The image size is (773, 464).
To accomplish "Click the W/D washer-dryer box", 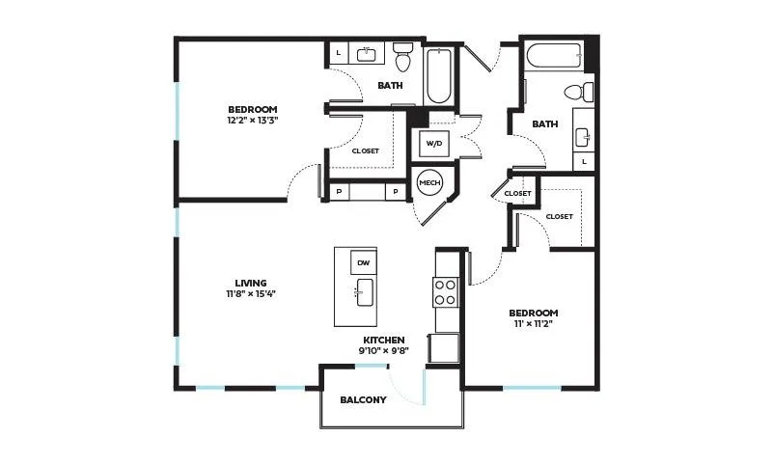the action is click(434, 144).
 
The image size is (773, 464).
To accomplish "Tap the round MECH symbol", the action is click(429, 182).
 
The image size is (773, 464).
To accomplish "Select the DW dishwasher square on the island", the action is click(363, 262).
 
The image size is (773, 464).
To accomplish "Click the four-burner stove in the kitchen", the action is click(446, 291).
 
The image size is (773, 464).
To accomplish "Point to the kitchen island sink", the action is click(365, 292).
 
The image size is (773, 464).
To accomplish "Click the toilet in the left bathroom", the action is click(402, 56).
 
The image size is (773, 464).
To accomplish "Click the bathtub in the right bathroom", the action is click(555, 57).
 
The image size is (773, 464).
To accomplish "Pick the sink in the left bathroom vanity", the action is click(367, 54).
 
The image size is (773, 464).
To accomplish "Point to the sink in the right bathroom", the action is click(583, 137).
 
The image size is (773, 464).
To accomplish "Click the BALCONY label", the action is click(363, 400).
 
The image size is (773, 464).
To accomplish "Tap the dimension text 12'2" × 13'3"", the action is click(253, 120).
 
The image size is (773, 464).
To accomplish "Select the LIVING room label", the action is click(251, 284).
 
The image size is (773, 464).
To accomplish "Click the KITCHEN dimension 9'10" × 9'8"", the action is click(384, 351).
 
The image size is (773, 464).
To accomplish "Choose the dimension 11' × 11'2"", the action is click(534, 323).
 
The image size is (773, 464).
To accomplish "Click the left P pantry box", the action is click(339, 192).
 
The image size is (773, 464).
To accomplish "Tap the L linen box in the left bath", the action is click(338, 53).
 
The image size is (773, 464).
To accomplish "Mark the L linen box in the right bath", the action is click(584, 161).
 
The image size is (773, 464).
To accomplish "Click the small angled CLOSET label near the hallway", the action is click(517, 194).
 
